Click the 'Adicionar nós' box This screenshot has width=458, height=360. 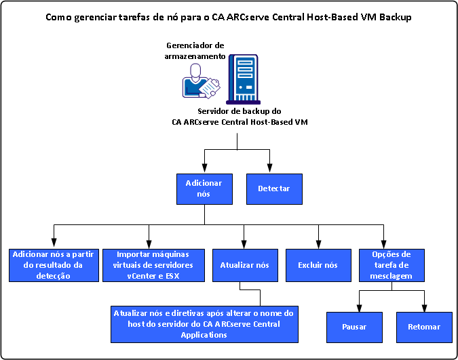coord(204,188)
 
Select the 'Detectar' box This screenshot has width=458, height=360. coord(273,188)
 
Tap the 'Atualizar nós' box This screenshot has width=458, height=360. coord(244,265)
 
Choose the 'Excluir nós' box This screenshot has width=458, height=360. coord(318,265)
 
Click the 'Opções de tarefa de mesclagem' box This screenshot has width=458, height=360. coord(392,265)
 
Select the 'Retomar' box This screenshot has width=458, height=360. coord(424,327)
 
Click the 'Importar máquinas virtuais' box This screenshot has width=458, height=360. coord(150,265)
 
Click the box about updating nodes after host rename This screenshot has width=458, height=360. coord(204,324)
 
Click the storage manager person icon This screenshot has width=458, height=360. coord(200,81)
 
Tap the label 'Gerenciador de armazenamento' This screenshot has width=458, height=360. coord(195,51)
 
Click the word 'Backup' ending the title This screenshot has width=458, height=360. coord(395,16)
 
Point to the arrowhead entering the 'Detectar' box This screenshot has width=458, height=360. coord(271,170)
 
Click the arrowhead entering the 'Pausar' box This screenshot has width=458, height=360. coord(359,308)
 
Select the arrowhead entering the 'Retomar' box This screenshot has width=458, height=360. coord(425,308)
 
